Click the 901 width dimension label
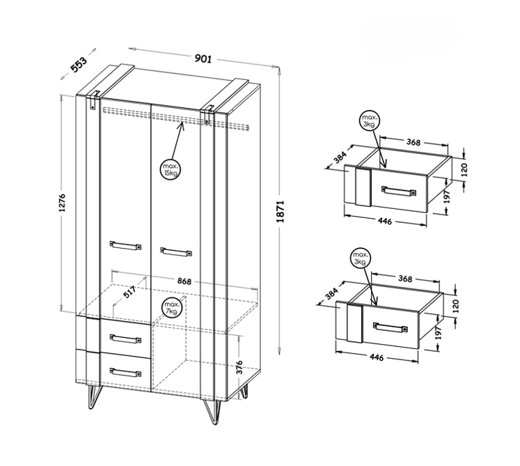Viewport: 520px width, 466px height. (x=203, y=59)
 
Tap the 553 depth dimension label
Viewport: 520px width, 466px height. (x=79, y=64)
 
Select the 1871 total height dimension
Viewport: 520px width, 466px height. (x=281, y=211)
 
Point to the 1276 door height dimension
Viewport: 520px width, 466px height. (x=62, y=203)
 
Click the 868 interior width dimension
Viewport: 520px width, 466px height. (x=184, y=281)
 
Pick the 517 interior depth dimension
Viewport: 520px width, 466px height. (x=129, y=292)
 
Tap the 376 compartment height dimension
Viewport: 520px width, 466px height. (x=239, y=367)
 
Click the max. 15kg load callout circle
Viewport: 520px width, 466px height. (x=171, y=169)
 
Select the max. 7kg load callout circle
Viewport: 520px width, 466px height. (x=172, y=308)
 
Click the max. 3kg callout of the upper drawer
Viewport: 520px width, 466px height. (x=370, y=121)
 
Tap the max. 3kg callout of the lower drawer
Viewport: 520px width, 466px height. (x=360, y=258)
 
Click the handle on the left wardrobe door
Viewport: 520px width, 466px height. (x=125, y=245)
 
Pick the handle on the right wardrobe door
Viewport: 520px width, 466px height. (x=175, y=251)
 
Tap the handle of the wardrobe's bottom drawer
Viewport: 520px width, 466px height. (x=125, y=372)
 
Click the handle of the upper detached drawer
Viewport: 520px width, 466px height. (x=399, y=191)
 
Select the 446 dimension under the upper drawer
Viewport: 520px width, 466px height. (x=385, y=221)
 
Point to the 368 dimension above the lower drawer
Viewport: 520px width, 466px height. (x=405, y=279)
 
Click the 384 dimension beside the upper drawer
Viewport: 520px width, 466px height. (x=340, y=157)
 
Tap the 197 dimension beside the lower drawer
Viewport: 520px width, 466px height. (x=438, y=332)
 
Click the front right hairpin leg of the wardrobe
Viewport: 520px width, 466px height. (x=212, y=412)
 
